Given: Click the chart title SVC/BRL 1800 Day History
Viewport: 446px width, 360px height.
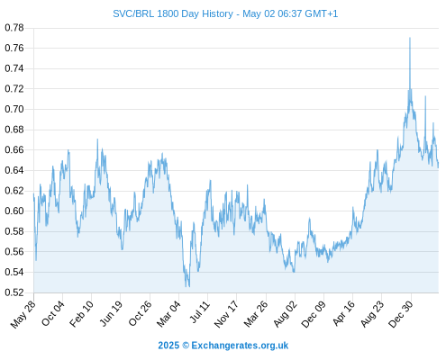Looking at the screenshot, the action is click(x=173, y=13).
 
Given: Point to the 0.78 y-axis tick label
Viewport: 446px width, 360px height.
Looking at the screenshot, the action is click(x=14, y=28).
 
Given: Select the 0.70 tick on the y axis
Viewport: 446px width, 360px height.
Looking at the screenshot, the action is click(x=14, y=109).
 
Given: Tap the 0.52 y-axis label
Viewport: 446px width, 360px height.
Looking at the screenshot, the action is click(x=14, y=292).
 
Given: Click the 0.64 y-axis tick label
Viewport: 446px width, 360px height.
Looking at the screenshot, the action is click(x=14, y=170).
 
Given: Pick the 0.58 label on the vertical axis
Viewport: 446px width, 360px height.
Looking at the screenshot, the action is click(x=14, y=231).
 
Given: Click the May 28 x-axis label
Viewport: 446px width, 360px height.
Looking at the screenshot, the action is click(x=23, y=313).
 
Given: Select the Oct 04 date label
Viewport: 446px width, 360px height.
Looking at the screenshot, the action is click(x=53, y=313).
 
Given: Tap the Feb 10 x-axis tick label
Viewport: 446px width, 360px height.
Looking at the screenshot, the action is click(x=82, y=314).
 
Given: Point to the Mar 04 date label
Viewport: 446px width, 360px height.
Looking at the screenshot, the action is click(x=168, y=314).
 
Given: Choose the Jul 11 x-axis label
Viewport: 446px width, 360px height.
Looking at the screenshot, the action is click(x=200, y=312).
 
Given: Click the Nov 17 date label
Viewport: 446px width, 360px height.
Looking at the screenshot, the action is click(x=226, y=314).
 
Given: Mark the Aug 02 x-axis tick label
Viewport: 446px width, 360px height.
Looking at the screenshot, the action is click(x=286, y=314).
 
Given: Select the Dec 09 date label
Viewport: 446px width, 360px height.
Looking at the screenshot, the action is click(x=314, y=314).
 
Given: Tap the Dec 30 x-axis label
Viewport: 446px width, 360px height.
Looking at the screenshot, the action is click(x=401, y=314).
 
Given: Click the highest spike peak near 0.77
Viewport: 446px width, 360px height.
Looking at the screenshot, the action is click(x=410, y=38).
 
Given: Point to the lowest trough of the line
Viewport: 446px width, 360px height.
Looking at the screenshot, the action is click(x=188, y=286).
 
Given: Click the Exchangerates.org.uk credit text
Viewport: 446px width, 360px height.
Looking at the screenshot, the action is click(x=240, y=346).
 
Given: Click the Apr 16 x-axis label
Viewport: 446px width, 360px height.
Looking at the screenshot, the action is click(x=344, y=313).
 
